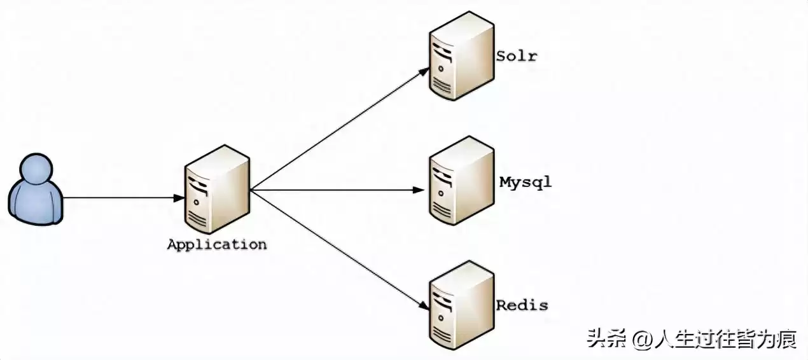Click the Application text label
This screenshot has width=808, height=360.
point(216,244)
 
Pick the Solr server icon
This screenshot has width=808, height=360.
point(461,56)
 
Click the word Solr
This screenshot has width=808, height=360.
point(517,55)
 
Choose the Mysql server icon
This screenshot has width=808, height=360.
point(461,181)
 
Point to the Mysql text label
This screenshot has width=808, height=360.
point(525,183)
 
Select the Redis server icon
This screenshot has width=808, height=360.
point(461,305)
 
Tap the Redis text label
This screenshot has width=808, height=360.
point(522,305)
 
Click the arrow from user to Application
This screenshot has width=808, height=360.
point(121,198)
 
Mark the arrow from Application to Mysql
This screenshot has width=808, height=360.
point(337,190)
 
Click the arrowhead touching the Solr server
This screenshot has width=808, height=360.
point(424,71)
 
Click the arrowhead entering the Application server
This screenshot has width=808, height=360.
point(180,198)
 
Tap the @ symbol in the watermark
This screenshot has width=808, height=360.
point(639,340)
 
